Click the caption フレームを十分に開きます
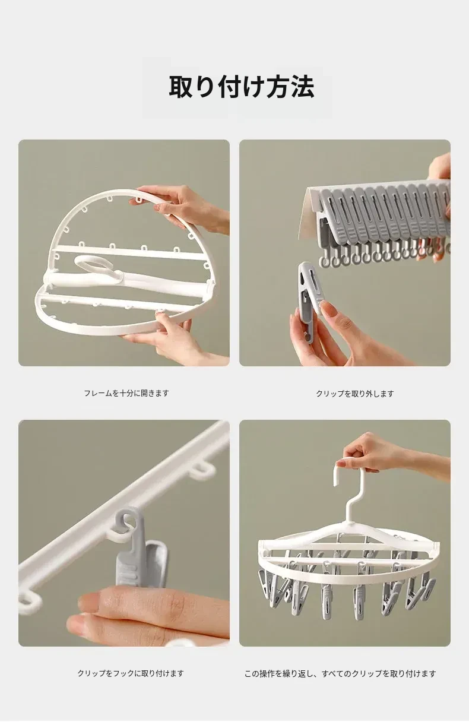point(126,393)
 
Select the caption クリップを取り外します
point(355,394)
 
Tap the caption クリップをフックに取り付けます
point(131,673)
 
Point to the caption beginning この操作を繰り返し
point(340,673)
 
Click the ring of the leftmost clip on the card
point(324,262)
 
